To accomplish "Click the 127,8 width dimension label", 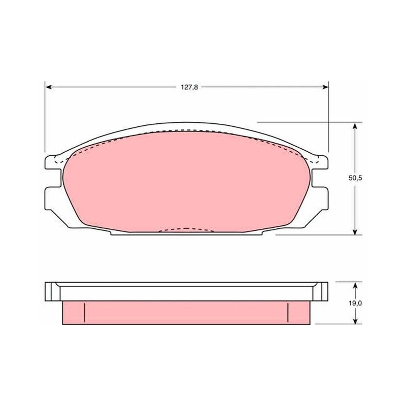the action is [189, 87].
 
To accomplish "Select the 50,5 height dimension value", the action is [355, 178].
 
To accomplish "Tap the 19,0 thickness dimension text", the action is [355, 303].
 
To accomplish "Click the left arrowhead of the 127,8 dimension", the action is [49, 87].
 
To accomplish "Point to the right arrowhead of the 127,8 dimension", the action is [325, 87].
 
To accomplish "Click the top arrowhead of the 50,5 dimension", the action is [355, 126].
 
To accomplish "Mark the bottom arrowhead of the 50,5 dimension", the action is [355, 231].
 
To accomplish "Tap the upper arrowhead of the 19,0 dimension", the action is [355, 286].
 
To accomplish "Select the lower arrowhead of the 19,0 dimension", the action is [355, 320].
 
